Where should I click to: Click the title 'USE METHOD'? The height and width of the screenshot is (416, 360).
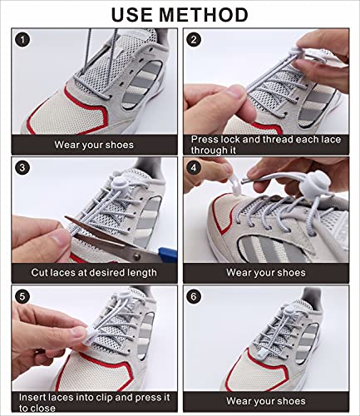[x=180, y=14]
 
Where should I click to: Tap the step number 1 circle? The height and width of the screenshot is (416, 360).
[x=22, y=39]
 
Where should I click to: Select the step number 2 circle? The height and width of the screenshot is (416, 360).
[x=195, y=39]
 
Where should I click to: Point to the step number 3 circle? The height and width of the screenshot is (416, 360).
[x=22, y=167]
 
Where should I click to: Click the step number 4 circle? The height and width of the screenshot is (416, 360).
[x=195, y=167]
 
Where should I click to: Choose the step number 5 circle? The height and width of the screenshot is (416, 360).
[x=22, y=296]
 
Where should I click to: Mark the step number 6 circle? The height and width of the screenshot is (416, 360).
[x=195, y=296]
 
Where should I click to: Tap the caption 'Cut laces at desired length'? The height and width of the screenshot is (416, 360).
[x=94, y=272]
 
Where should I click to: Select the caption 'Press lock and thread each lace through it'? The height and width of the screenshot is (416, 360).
[x=264, y=146]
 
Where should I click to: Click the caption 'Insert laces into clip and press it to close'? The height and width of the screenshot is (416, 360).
[x=94, y=402]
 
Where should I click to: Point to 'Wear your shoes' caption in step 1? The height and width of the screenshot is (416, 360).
[x=94, y=145]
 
